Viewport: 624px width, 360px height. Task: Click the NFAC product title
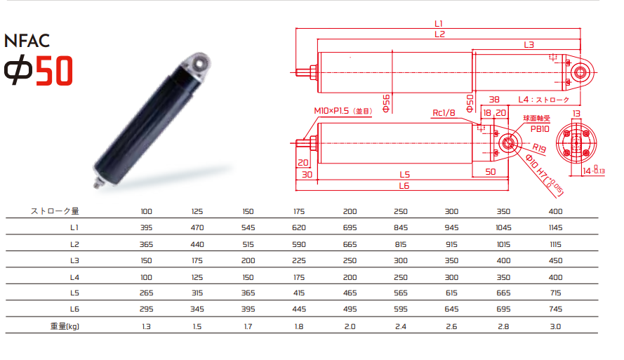pyautogui.click(x=27, y=41)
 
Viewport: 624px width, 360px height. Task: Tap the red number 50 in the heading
pyautogui.click(x=55, y=71)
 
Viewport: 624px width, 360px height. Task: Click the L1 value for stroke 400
pyautogui.click(x=555, y=227)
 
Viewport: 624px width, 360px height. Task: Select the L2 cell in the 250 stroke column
pyautogui.click(x=401, y=244)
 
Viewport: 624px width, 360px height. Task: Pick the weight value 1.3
pyautogui.click(x=146, y=326)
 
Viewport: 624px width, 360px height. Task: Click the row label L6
pyautogui.click(x=74, y=309)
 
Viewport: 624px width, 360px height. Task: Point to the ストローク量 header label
pyautogui.click(x=55, y=211)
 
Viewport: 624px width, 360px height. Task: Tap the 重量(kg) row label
pyautogui.click(x=65, y=326)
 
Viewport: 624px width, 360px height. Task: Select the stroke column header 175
pyautogui.click(x=299, y=212)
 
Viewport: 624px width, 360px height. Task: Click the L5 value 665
pyautogui.click(x=503, y=293)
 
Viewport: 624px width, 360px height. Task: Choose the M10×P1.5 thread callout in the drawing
pyautogui.click(x=343, y=111)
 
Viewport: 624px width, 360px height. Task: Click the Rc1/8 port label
pyautogui.click(x=444, y=113)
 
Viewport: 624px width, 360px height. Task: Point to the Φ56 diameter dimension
pyautogui.click(x=386, y=103)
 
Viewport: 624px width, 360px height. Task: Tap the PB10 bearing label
pyautogui.click(x=540, y=129)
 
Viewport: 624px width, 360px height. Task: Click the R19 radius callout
pyautogui.click(x=539, y=148)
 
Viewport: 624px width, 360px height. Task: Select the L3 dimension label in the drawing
pyautogui.click(x=529, y=45)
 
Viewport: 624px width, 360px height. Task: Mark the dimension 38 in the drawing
pyautogui.click(x=494, y=100)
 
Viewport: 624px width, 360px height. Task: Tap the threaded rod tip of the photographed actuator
pyautogui.click(x=97, y=185)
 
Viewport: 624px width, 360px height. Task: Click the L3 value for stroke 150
pyautogui.click(x=248, y=260)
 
